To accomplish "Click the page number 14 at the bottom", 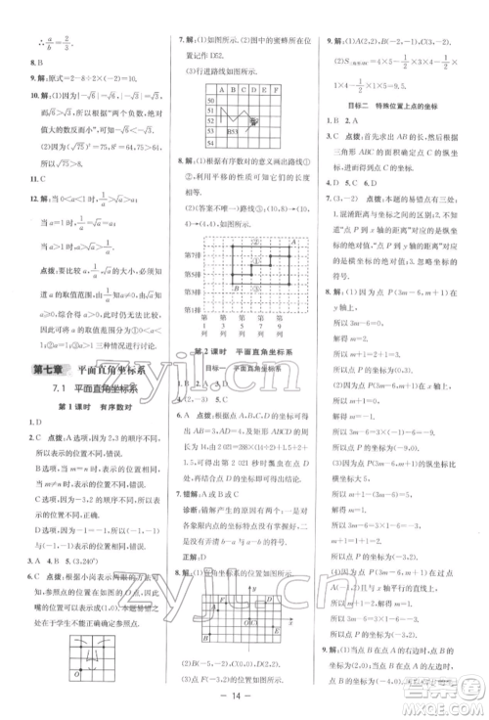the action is [244, 702].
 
